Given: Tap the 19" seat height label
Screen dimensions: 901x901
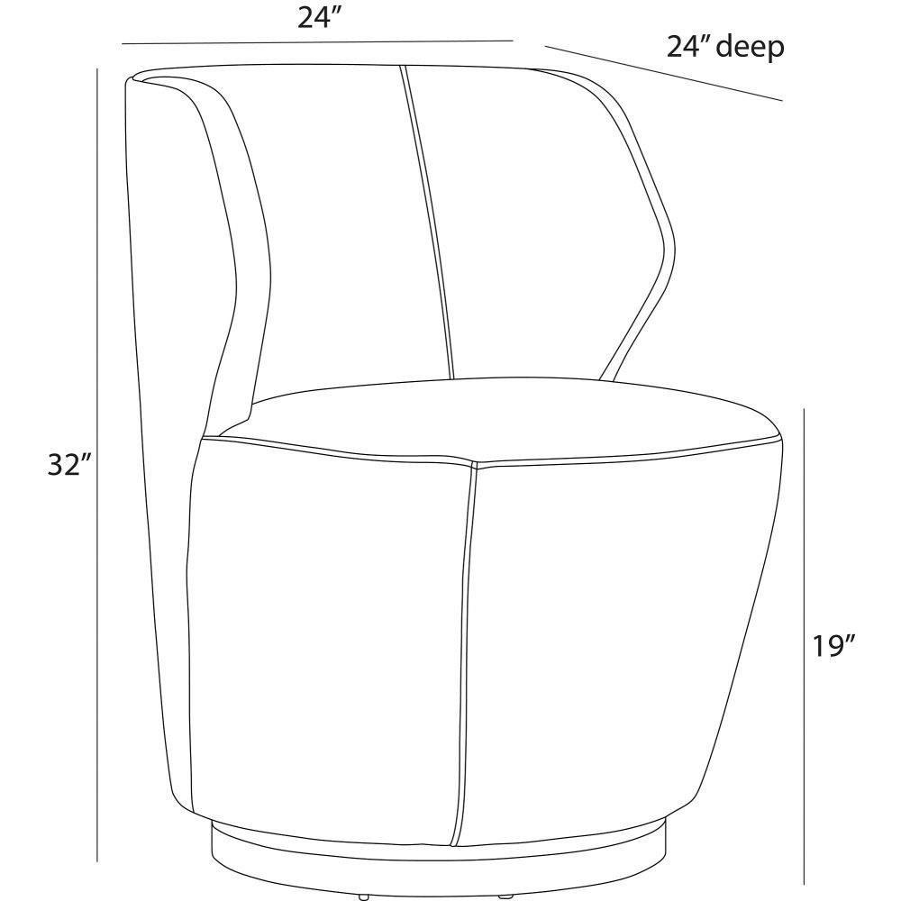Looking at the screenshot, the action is coord(834,645).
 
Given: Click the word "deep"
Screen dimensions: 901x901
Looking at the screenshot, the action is coord(751,47).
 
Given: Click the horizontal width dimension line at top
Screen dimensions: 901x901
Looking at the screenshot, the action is coord(316,42).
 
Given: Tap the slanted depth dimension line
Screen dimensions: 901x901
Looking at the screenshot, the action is coord(664,74).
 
